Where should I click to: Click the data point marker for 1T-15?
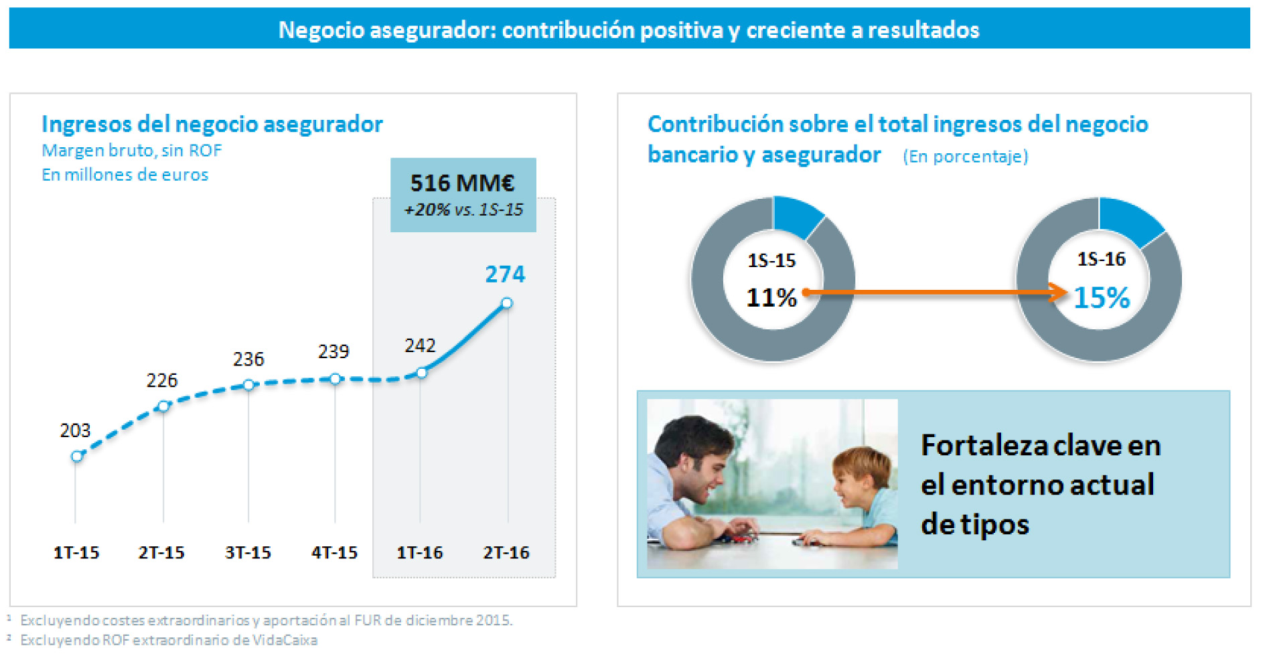point(77,457)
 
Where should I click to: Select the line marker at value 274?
point(507,303)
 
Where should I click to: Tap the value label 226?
point(162,380)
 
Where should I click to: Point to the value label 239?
point(333,351)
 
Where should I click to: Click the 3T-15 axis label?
point(248,553)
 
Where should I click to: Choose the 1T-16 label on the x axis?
point(420,553)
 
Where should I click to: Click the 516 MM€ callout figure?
point(462,183)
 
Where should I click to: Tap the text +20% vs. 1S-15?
point(463,210)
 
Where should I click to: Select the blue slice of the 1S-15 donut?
point(796,216)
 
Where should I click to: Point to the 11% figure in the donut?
point(771,298)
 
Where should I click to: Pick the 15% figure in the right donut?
point(1102,298)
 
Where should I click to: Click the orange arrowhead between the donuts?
point(1059,292)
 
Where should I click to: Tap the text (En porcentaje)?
point(965,157)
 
